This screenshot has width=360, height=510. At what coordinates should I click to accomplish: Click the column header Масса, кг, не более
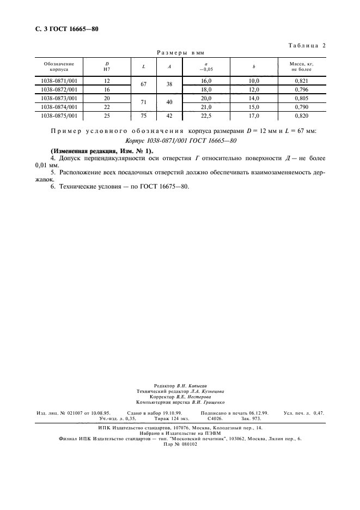click(x=302, y=66)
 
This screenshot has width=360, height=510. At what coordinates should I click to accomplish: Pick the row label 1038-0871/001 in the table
click(x=59, y=81)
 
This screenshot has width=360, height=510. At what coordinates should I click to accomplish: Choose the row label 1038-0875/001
click(x=59, y=116)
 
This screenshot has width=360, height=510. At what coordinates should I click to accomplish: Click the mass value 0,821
click(x=302, y=81)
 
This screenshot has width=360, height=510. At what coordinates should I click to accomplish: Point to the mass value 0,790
click(x=302, y=107)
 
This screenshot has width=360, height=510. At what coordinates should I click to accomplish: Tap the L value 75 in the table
click(x=143, y=116)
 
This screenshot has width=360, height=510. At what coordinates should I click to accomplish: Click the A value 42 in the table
click(x=169, y=116)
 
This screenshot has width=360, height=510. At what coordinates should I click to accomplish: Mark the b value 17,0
click(x=254, y=116)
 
